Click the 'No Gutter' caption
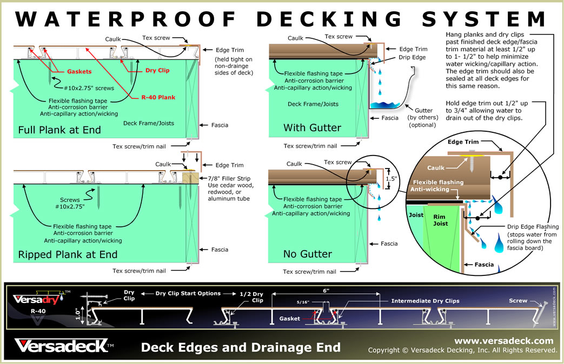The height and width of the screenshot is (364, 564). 307,254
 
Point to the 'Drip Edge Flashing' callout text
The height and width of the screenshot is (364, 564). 532,226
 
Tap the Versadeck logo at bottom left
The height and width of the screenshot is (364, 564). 64,345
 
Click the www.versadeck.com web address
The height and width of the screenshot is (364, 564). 503,341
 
